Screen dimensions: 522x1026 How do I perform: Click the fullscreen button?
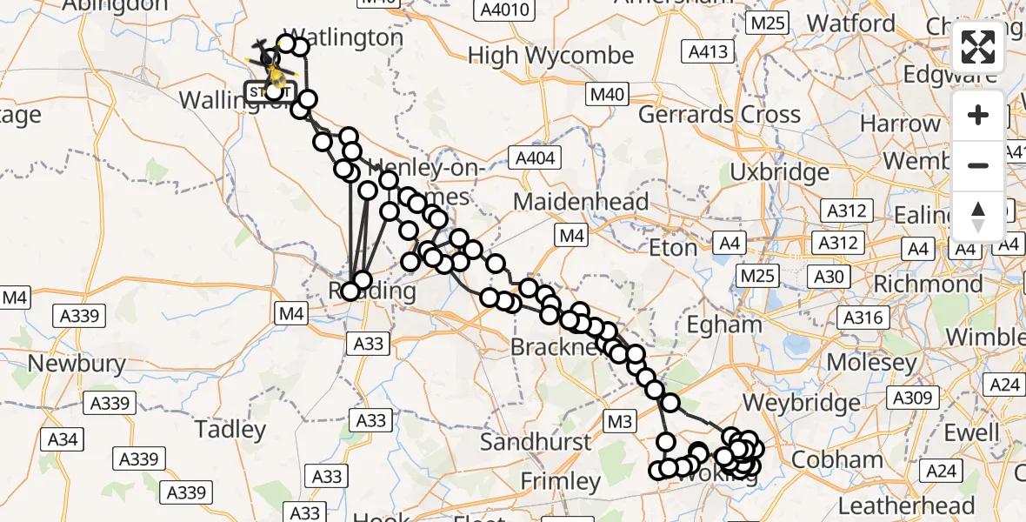point(978,47)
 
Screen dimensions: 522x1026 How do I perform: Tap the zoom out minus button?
point(978,165)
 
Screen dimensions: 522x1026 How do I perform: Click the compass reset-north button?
point(978,216)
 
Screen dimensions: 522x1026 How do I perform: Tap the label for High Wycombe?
point(550,56)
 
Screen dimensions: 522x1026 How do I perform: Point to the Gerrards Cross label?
point(719,114)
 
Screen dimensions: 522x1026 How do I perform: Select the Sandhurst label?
point(535,442)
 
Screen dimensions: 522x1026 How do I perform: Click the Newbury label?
point(77,362)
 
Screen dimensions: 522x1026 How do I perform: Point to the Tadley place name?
point(230,429)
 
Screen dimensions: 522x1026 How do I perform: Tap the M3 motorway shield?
point(619,422)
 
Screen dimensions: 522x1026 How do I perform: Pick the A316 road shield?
point(863,318)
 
